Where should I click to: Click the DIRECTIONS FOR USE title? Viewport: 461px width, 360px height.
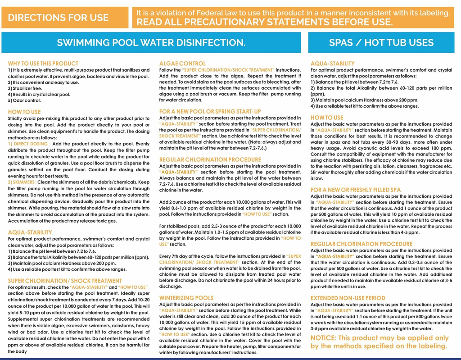click(x=58, y=18)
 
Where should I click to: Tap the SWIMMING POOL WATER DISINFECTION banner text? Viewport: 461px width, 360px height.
click(x=151, y=43)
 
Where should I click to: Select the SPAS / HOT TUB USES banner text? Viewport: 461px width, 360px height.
click(x=381, y=43)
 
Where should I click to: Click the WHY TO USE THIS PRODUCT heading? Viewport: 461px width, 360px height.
click(x=43, y=64)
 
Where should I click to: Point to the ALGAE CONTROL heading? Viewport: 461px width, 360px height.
click(x=182, y=64)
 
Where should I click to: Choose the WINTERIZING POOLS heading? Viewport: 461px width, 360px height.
click(x=186, y=298)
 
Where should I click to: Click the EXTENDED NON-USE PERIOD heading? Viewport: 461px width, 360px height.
click(x=348, y=298)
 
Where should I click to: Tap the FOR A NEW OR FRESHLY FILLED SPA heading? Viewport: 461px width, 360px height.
click(x=356, y=190)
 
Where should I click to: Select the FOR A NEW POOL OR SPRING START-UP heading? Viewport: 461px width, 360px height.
click(x=210, y=111)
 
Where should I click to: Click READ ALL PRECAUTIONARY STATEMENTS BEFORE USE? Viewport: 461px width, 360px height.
click(x=265, y=23)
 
